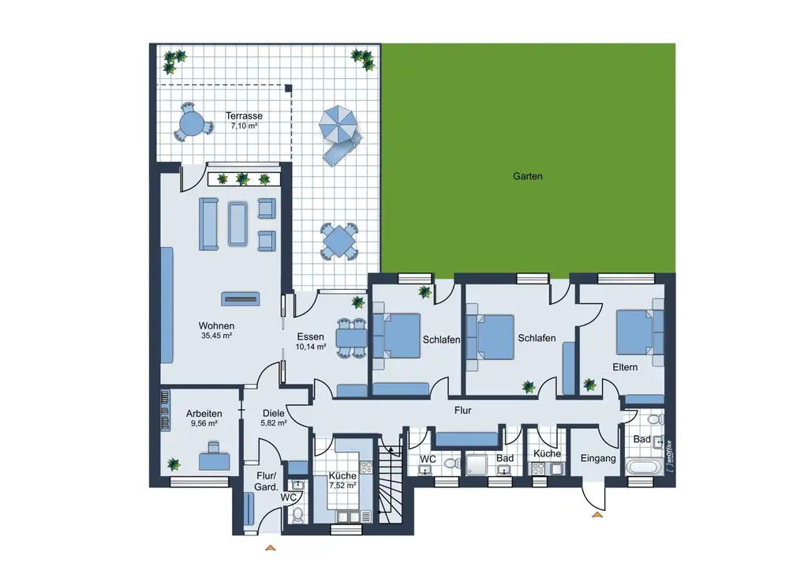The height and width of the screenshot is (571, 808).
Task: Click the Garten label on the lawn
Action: [527, 176]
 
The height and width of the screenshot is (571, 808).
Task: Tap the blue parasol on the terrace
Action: [338, 124]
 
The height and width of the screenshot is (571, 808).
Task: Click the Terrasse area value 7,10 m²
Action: [244, 126]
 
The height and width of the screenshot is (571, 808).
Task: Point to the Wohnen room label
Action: [216, 325]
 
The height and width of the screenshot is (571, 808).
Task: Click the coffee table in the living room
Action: [238, 223]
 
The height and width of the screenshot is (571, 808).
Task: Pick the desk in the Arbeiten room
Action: [214, 460]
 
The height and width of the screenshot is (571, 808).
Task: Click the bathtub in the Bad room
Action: [643, 468]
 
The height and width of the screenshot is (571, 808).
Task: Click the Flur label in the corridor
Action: [462, 411]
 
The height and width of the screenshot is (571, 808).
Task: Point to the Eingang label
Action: [598, 458]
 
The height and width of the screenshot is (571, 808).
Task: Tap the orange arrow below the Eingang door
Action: [597, 514]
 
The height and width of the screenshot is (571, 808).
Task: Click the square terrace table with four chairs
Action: [339, 240]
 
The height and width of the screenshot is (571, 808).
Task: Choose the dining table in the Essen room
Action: [351, 338]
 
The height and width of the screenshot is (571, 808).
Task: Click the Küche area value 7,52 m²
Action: [342, 486]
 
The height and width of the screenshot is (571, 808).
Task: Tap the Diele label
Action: [273, 413]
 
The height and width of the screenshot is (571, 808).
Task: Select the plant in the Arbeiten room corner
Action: [174, 464]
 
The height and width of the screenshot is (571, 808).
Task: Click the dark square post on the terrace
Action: [289, 88]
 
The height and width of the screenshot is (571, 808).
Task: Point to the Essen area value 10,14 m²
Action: [310, 347]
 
